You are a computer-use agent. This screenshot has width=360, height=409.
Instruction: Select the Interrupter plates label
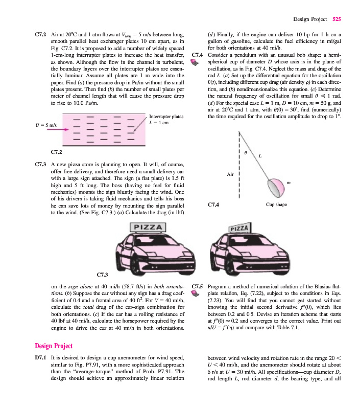pyautogui.click(x=166, y=117)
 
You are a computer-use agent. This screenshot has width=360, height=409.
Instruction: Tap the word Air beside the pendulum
pyautogui.click(x=230, y=174)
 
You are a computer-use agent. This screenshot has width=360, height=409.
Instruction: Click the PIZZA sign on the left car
pyautogui.click(x=148, y=226)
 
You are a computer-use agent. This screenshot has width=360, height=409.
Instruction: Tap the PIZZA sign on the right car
pyautogui.click(x=240, y=226)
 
